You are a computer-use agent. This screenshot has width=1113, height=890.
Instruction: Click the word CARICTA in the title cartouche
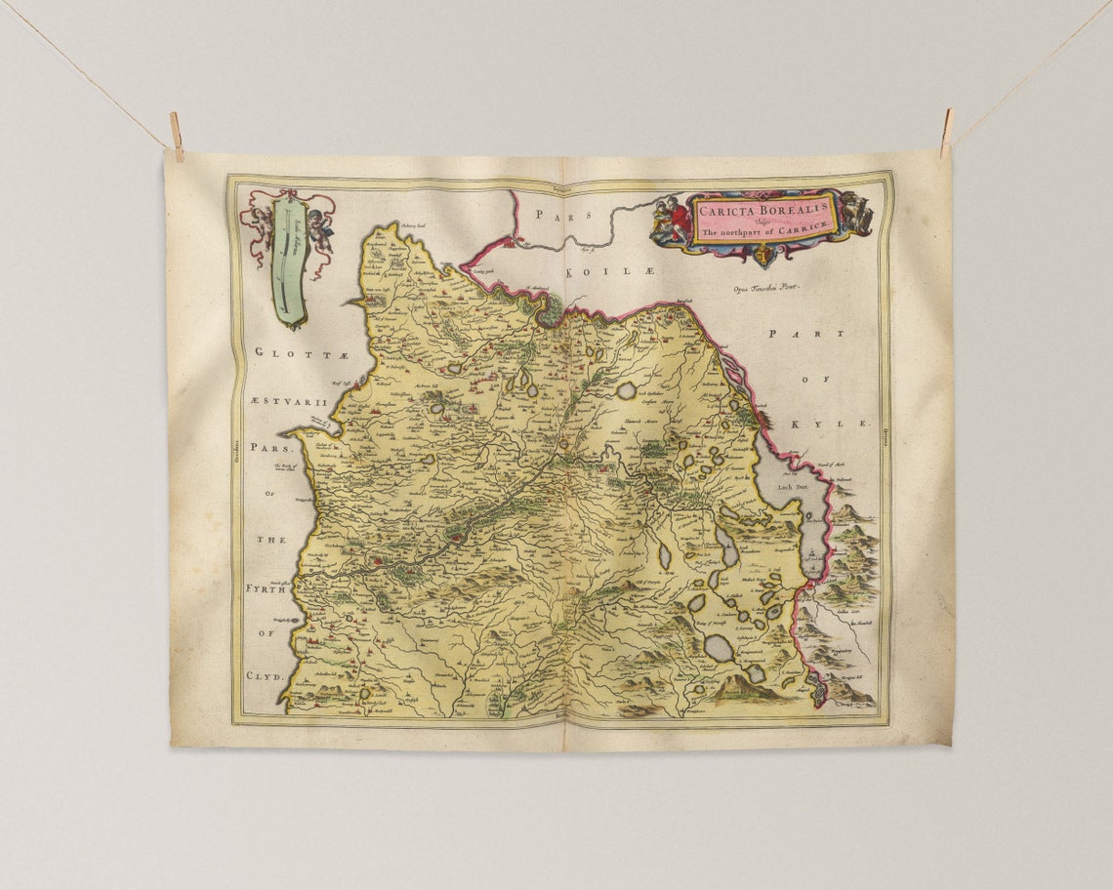click(726, 207)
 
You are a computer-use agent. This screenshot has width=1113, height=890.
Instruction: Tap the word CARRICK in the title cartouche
click(806, 226)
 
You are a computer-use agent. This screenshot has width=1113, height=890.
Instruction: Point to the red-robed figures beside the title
click(671, 220)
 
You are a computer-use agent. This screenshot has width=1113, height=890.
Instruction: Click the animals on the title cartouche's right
click(855, 212)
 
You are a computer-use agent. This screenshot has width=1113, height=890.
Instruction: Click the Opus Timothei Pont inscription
click(765, 288)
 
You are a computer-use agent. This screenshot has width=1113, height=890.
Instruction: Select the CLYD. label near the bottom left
click(264, 675)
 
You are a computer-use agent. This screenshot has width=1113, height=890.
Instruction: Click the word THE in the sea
click(271, 540)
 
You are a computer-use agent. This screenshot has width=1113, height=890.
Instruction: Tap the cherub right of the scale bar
click(320, 226)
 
